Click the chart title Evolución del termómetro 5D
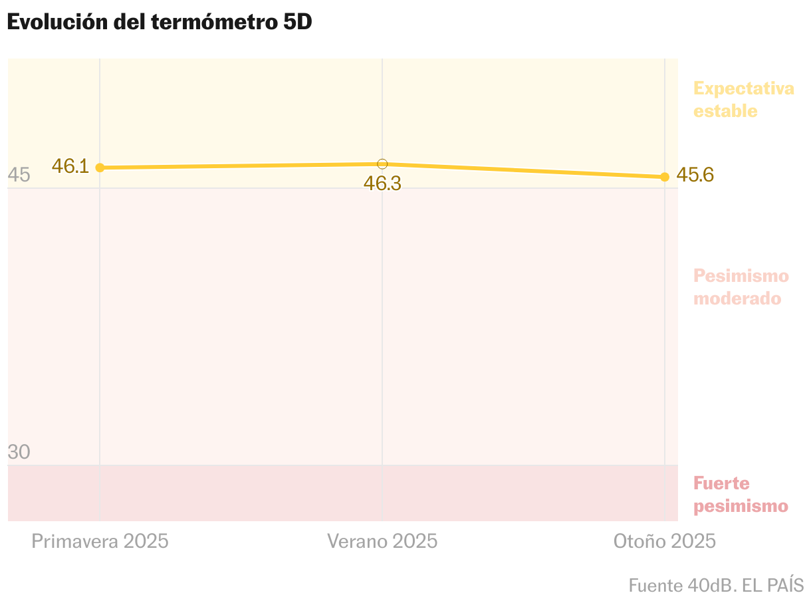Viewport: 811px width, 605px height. tap(160, 22)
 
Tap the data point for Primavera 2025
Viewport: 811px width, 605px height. tap(100, 168)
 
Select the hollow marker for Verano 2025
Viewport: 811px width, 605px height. tap(382, 164)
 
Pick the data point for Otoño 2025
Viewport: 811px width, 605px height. tap(664, 177)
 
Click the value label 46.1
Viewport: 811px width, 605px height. tap(70, 166)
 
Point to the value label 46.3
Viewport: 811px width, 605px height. tap(382, 183)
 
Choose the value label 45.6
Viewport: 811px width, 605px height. tap(695, 175)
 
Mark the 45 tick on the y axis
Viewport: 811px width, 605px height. tap(19, 176)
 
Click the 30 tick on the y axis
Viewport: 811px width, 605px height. tap(19, 452)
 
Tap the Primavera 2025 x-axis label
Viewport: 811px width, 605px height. tap(100, 541)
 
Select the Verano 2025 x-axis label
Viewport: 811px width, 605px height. tap(382, 541)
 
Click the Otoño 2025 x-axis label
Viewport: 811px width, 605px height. tap(664, 541)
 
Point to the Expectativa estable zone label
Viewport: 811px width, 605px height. tap(743, 99)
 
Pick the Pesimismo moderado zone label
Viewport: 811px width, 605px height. tap(741, 287)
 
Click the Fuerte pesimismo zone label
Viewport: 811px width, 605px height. tap(740, 495)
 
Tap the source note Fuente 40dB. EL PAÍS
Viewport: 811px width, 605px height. tap(716, 586)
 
